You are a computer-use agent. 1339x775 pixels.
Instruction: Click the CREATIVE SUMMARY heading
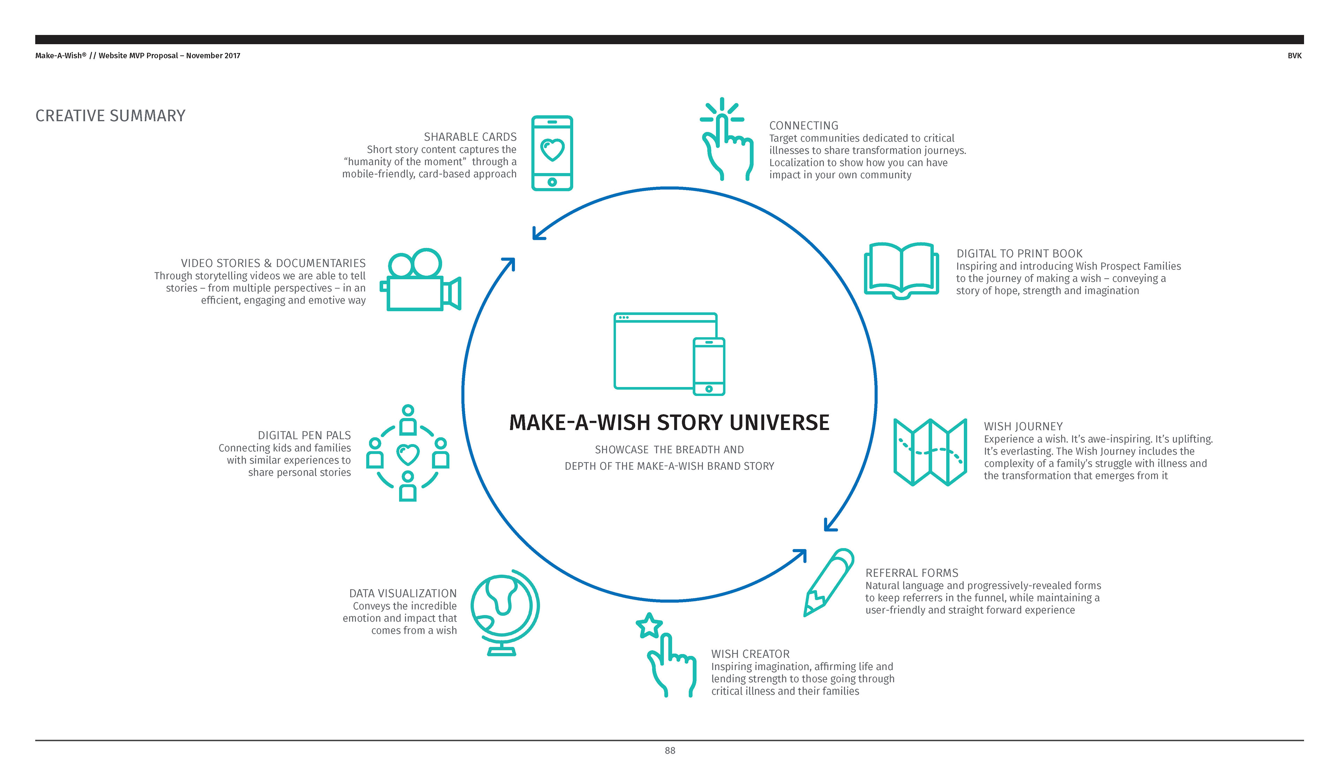pos(111,116)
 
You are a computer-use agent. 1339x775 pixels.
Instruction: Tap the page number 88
pos(669,751)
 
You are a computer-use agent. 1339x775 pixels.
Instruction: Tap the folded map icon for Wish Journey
pos(930,452)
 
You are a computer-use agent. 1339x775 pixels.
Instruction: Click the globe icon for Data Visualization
pos(504,611)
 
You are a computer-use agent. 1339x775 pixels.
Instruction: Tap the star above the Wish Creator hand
pos(649,626)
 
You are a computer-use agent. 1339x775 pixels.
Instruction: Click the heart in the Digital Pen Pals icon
pos(408,454)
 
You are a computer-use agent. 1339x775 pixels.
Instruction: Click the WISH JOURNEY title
pos(1023,426)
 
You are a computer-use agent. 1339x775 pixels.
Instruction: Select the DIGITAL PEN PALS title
pos(304,435)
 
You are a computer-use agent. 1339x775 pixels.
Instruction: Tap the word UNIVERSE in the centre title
pos(779,423)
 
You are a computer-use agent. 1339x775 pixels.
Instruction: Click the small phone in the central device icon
pos(709,366)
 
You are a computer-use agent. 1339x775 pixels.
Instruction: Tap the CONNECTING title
pos(803,126)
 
